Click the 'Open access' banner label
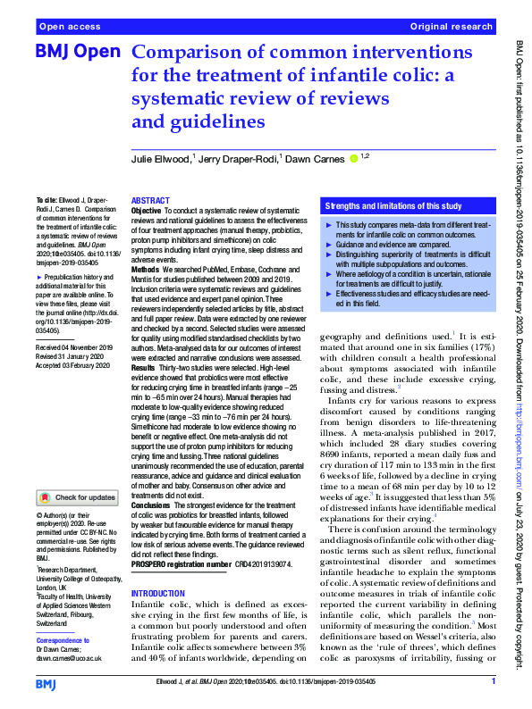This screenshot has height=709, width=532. (70, 27)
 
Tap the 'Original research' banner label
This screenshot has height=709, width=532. (451, 27)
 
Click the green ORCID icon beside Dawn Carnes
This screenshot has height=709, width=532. (353, 159)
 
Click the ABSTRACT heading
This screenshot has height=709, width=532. (149, 202)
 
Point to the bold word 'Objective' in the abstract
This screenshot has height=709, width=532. (147, 211)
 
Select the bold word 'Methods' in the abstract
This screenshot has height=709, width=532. (145, 268)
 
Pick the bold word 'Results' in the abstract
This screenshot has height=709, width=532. (144, 367)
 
